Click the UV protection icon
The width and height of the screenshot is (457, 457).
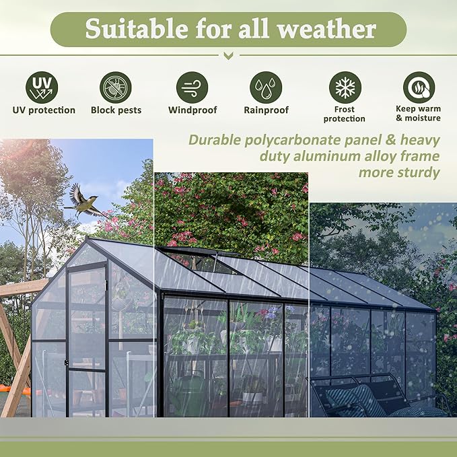[x=42, y=87]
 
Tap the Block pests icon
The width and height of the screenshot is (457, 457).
[x=116, y=87]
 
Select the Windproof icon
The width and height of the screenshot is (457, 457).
[x=192, y=87]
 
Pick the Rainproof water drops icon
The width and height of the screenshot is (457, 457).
[x=266, y=87]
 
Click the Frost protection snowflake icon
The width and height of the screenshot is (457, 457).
[x=345, y=87]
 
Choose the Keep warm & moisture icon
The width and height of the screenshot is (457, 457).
[x=419, y=87]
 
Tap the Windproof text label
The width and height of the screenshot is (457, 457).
[x=192, y=110]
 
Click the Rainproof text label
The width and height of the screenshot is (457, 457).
[x=266, y=110]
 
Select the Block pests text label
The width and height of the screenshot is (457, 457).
[x=116, y=110]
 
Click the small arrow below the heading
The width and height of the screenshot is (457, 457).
[x=228, y=56]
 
